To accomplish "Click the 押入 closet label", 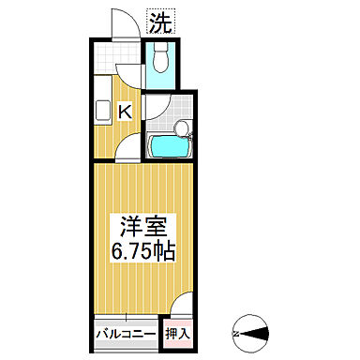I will pos(178,332).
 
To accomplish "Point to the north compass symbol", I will pos(249,331).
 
